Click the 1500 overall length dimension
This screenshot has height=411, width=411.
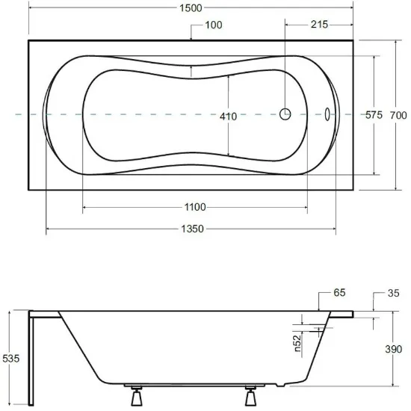point(191,8)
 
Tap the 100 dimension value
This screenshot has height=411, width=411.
point(214,25)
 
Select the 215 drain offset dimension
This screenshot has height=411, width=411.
point(319,25)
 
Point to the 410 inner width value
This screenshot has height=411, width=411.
point(228,116)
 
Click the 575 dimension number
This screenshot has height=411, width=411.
point(374,115)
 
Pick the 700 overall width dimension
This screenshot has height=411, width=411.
point(398,115)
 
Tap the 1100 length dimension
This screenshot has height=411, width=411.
point(195,207)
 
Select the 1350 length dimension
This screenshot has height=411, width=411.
point(192,229)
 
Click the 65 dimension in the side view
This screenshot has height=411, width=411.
point(339,292)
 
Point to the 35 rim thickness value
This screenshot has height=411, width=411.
point(393,293)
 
